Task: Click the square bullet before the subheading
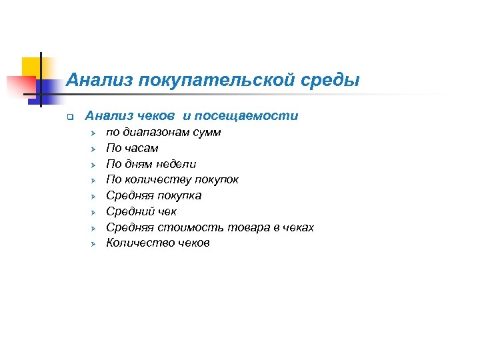[x=60, y=117]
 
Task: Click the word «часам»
[x=141, y=148]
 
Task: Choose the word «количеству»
[x=155, y=179]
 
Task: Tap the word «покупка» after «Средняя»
[x=178, y=195]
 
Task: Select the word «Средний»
[x=130, y=211]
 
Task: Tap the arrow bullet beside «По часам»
[x=93, y=149]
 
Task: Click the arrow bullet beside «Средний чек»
[x=93, y=212]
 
